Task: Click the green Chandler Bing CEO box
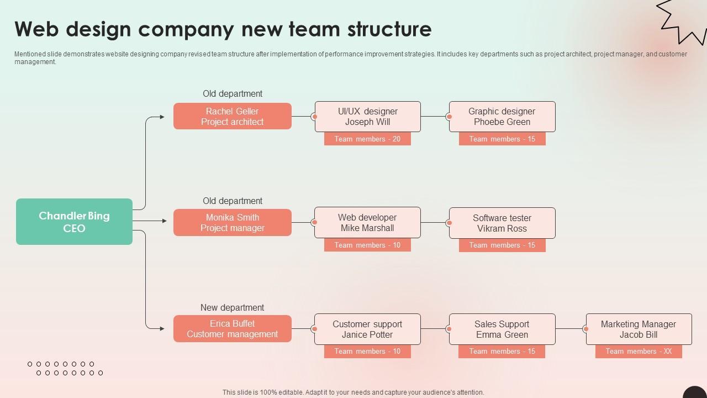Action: coord(74,222)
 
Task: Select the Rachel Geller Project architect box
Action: coord(232,116)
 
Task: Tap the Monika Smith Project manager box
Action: coord(232,222)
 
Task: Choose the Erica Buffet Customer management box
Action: coord(232,328)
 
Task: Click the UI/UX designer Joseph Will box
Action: coord(368,116)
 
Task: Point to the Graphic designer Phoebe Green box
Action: coord(502,116)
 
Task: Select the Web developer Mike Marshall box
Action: coord(368,222)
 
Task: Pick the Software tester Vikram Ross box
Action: coord(502,223)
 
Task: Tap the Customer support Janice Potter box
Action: coord(368,329)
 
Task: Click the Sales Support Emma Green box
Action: coord(502,329)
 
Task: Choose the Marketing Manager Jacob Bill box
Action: coord(639,329)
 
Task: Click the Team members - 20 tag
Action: coord(367,139)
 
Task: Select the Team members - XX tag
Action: coord(639,351)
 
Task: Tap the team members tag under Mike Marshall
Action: coord(367,245)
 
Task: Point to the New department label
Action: coord(232,307)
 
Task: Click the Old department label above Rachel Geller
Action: coord(232,94)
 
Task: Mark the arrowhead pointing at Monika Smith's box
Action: coord(163,221)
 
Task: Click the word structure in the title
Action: coord(389,29)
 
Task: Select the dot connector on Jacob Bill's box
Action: coord(586,329)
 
